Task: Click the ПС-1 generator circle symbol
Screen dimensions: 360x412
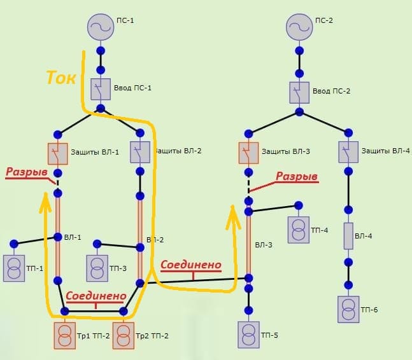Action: [100, 27]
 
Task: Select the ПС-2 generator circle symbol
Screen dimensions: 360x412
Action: [299, 27]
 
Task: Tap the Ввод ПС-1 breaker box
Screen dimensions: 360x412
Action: [101, 90]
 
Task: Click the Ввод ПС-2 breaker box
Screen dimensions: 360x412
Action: [299, 92]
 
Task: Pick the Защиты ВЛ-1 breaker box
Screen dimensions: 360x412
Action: [57, 153]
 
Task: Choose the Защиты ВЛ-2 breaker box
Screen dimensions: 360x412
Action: [140, 152]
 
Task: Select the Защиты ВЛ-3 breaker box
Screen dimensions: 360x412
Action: [249, 153]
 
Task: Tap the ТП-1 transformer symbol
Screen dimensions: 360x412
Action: [13, 267]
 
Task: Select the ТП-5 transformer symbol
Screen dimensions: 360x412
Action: [249, 334]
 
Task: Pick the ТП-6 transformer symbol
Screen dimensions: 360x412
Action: [348, 308]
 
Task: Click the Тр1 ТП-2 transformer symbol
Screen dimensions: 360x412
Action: [64, 335]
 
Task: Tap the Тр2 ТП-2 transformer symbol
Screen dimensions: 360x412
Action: [124, 335]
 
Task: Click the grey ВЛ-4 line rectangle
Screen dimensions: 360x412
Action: [348, 235]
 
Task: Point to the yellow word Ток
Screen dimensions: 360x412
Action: [61, 78]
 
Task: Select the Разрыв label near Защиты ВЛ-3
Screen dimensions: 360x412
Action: [296, 177]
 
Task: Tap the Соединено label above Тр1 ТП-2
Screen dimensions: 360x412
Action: [96, 296]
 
